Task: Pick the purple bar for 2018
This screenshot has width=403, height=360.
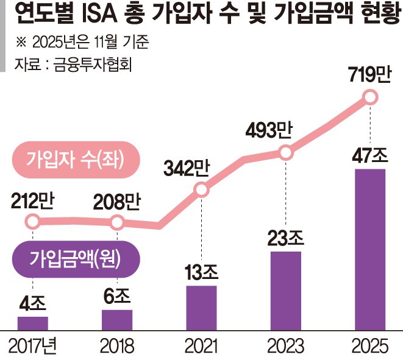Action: coord(117,319)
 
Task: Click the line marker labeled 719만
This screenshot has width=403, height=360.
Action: coord(369,97)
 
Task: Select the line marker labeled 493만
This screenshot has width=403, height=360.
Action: coord(285,152)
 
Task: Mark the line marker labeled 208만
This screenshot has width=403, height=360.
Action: coord(117,222)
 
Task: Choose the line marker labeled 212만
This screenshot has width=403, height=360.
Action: coord(33,222)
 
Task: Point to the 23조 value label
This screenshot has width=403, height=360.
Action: coord(285,236)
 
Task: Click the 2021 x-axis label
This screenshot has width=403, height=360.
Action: coord(201,346)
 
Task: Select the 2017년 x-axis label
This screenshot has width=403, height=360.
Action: coord(33,346)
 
